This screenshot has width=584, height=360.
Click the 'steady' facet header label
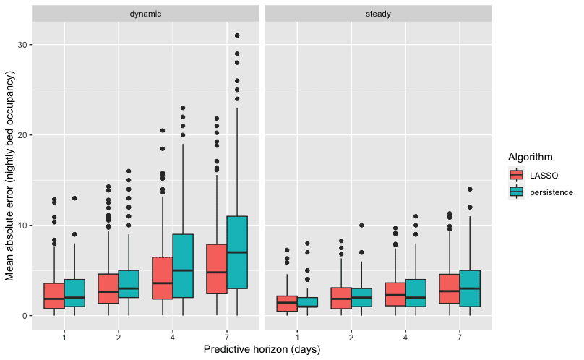378,14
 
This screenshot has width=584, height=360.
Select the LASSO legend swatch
516,175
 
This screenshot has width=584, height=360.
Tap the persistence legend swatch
516,192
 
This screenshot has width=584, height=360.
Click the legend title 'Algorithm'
531,157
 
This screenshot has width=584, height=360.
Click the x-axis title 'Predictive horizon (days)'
262,349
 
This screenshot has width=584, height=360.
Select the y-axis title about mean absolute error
10,176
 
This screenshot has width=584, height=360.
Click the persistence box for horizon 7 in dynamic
237,252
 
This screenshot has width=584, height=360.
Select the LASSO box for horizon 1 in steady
287,303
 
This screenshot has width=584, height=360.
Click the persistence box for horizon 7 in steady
470,288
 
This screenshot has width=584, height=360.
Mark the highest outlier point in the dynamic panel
237,35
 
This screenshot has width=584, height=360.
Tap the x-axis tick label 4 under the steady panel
405,338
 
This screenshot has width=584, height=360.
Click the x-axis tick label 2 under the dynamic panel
119,338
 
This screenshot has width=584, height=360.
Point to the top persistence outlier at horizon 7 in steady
470,189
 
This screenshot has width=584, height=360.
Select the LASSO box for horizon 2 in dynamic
108,288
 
